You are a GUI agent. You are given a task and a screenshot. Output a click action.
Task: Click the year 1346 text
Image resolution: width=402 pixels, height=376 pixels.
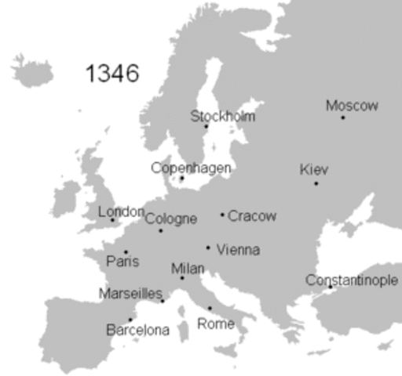click(x=111, y=74)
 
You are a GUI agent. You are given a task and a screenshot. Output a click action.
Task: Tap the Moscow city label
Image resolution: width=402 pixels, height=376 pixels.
click(x=352, y=106)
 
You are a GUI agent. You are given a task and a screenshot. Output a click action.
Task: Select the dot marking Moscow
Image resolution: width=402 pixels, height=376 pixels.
click(x=342, y=117)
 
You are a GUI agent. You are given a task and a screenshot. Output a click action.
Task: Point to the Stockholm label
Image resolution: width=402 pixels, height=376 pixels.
click(x=223, y=116)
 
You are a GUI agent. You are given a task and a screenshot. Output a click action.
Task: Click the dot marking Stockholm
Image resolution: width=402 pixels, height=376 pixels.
click(x=206, y=127)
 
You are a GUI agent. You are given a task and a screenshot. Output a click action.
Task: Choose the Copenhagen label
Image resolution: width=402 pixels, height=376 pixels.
click(x=191, y=168)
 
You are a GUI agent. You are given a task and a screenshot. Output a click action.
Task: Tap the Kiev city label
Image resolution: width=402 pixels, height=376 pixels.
click(x=314, y=170)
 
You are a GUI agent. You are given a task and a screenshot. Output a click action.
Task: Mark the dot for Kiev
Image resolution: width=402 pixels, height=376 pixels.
click(x=316, y=183)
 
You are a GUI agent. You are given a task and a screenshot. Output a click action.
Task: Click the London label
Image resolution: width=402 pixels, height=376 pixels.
click(x=121, y=211)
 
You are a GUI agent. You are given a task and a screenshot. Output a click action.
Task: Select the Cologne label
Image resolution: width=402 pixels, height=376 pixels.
click(x=171, y=219)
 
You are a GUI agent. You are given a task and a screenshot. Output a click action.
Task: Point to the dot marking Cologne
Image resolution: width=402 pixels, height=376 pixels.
click(x=161, y=230)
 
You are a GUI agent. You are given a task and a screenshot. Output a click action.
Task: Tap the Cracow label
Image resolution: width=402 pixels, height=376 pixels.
click(x=252, y=215)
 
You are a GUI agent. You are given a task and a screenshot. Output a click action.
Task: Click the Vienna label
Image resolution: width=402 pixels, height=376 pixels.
click(x=238, y=250)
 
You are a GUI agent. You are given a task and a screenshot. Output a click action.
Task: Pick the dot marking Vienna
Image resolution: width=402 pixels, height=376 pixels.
click(x=208, y=248)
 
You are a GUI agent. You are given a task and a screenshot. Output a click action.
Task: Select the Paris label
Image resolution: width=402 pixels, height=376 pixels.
click(x=122, y=262)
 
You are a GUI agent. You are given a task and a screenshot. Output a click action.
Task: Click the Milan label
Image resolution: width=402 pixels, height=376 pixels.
click(x=188, y=269)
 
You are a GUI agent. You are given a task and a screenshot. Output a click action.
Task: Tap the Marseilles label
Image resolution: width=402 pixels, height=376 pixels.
click(x=130, y=294)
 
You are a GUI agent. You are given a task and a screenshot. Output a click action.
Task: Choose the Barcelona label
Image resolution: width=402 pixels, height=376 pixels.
click(x=137, y=330)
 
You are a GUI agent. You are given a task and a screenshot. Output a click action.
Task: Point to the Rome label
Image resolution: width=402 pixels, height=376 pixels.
click(x=215, y=324)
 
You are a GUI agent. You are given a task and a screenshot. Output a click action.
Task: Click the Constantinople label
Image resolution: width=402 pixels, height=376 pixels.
click(x=352, y=280)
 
